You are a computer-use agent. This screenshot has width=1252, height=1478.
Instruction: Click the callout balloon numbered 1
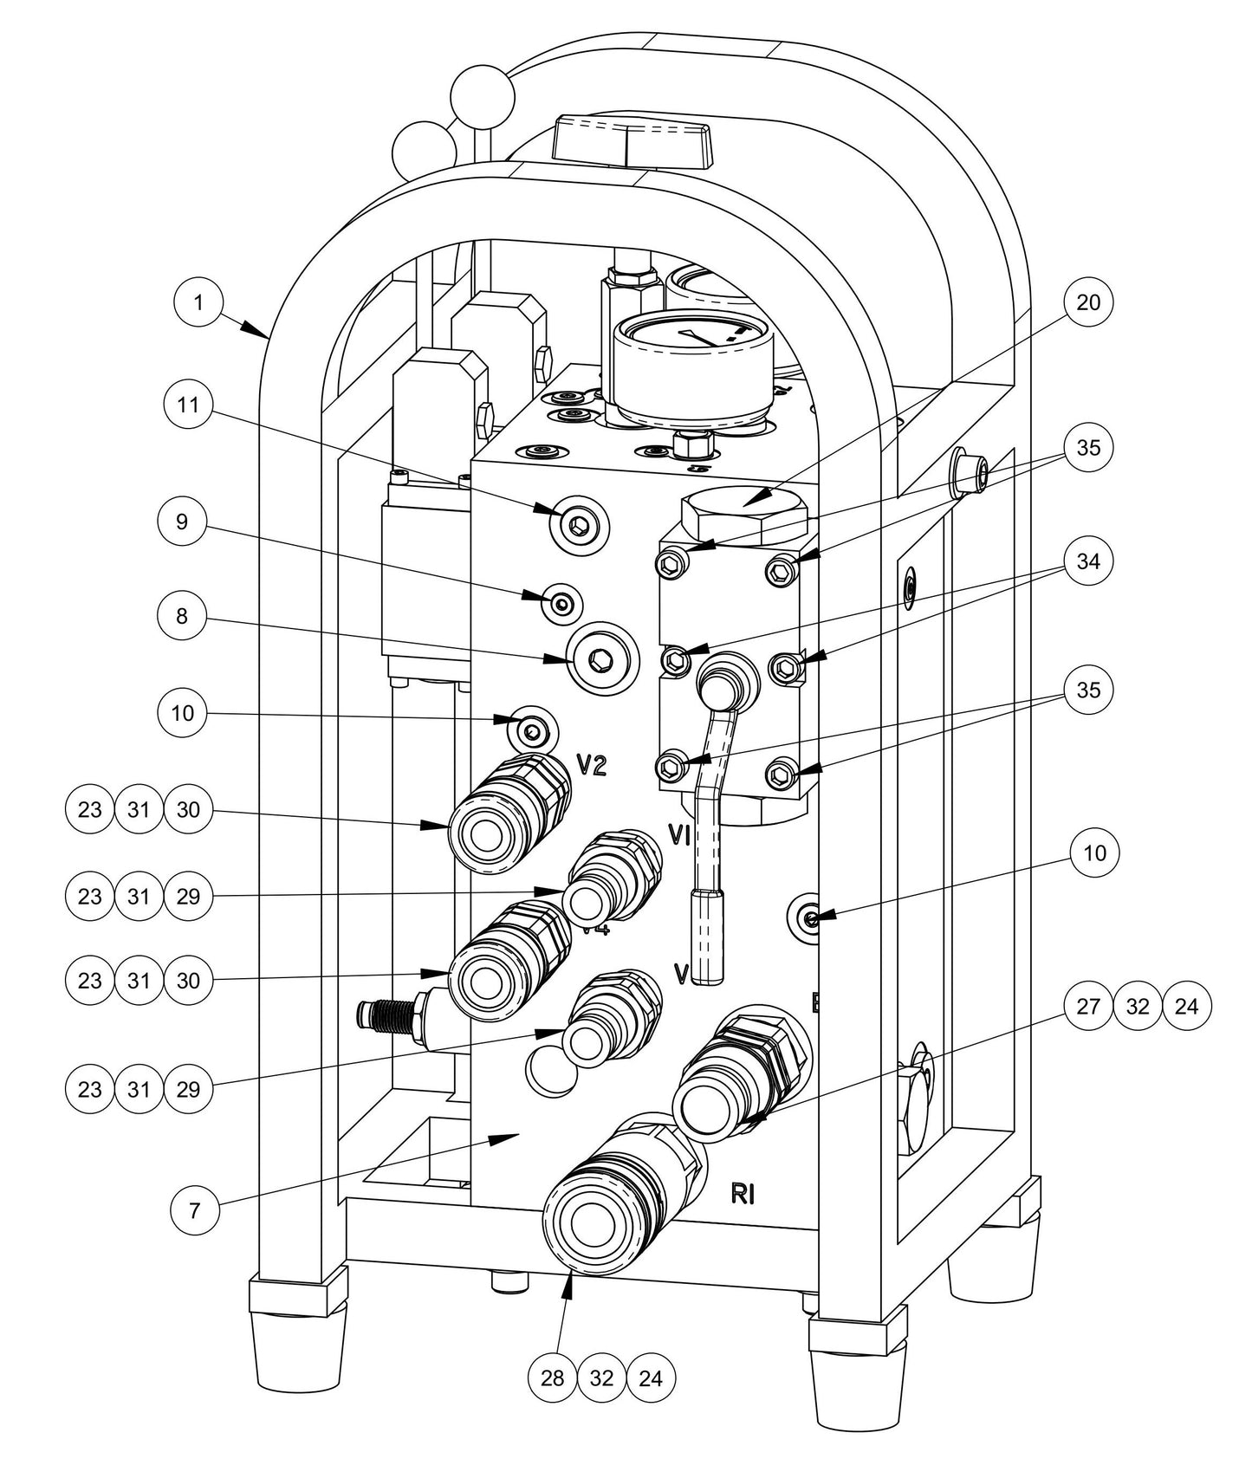(x=198, y=302)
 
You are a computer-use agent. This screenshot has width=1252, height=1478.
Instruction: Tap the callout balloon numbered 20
(x=1087, y=302)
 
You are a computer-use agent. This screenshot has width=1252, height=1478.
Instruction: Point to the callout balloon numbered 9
(x=182, y=522)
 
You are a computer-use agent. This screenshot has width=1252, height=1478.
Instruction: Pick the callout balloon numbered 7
(x=194, y=1209)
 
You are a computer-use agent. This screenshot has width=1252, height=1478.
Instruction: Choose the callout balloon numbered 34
(x=1087, y=561)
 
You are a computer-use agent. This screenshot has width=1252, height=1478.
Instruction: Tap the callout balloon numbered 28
(x=552, y=1378)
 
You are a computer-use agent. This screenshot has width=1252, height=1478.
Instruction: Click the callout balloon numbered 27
(x=1087, y=1006)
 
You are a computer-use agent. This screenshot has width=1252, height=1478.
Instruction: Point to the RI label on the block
(x=743, y=1194)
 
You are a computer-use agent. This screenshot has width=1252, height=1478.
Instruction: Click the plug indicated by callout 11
(x=579, y=524)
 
